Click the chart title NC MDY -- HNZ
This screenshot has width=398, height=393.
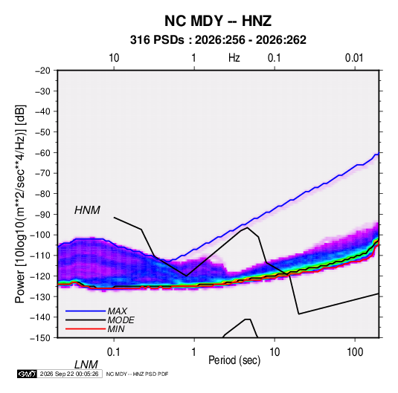coord(218,21)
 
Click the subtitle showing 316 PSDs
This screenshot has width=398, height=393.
coord(218,40)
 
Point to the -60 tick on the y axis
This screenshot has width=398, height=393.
coord(42,152)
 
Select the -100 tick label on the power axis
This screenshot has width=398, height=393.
coord(40,235)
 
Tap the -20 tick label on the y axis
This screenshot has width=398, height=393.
coord(42,71)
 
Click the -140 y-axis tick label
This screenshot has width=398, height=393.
coord(40,317)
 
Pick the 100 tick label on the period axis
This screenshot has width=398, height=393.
coord(355,352)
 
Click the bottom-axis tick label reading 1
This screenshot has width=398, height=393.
coord(193,352)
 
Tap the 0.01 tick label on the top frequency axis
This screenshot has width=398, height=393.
coord(354,58)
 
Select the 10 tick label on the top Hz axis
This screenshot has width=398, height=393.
coord(114,58)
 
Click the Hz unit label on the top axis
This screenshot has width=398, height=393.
coord(234,58)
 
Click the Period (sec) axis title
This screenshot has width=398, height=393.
coord(234,360)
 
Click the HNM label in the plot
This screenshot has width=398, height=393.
coord(87,210)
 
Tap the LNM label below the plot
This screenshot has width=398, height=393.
coord(86,365)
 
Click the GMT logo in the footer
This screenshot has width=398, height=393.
coord(27,374)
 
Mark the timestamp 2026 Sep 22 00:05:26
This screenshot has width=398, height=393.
coord(69,374)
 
